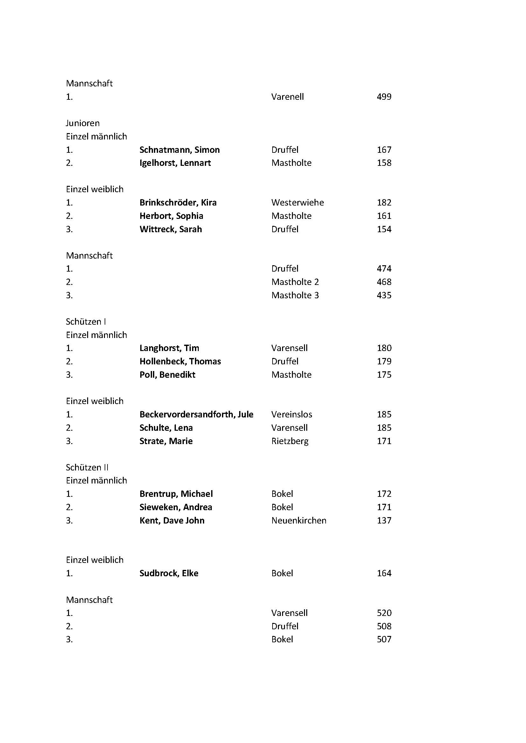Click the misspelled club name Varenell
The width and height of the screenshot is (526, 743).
point(287,97)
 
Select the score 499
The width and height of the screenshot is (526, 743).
point(384,97)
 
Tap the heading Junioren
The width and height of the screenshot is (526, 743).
point(83,123)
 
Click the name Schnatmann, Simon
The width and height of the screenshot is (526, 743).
point(179,150)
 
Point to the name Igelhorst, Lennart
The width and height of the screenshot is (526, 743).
point(175,163)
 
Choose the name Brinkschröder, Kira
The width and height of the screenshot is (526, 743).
point(178,203)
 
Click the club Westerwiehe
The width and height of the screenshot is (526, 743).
point(297,203)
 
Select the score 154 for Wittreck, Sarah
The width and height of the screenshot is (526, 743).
point(384,229)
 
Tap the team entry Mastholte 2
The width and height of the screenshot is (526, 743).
point(295,282)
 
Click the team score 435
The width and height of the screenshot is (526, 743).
point(384,295)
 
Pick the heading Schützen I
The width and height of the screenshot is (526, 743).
point(86,322)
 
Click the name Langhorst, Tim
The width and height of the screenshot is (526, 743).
point(169,348)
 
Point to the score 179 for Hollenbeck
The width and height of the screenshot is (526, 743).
point(384,361)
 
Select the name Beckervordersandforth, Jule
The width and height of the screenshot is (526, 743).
point(196,415)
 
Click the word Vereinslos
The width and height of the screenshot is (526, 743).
point(292,415)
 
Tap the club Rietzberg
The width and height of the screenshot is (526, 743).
point(290,441)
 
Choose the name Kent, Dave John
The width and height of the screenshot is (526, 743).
point(172,521)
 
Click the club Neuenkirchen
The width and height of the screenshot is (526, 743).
point(299,521)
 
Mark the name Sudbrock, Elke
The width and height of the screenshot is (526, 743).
point(169,573)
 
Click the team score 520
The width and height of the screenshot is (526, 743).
point(384,613)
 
